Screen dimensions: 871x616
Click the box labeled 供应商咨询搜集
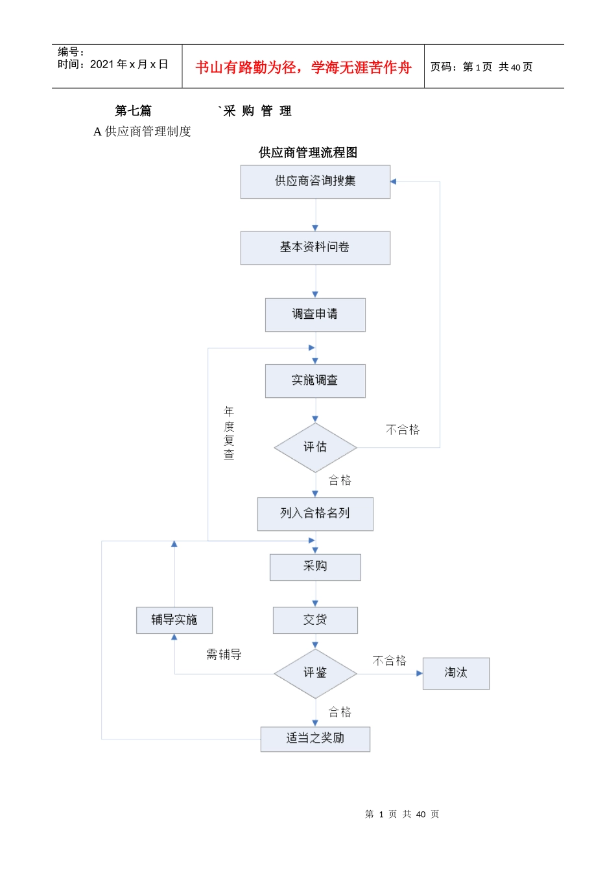(315, 181)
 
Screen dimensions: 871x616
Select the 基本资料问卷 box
(315, 248)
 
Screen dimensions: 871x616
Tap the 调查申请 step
(315, 314)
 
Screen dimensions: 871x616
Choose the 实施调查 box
(315, 380)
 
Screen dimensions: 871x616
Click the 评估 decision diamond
(315, 447)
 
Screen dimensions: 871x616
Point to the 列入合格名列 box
(315, 513)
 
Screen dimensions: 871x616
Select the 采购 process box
(315, 566)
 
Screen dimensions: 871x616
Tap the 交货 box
(315, 620)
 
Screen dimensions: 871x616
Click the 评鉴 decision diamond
(315, 673)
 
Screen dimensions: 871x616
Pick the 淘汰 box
(456, 673)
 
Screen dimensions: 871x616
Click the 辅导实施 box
(174, 620)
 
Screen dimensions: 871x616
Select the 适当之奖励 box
(315, 739)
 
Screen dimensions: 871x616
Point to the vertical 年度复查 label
(229, 433)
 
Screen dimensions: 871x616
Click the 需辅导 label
(224, 655)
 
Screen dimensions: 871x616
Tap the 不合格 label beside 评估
(403, 430)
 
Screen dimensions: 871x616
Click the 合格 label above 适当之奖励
(340, 712)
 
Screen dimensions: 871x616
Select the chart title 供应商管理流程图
(308, 153)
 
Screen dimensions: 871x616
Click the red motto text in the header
(303, 67)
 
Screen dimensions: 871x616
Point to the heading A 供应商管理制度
(142, 132)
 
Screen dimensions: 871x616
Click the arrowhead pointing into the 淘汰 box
(419, 673)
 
